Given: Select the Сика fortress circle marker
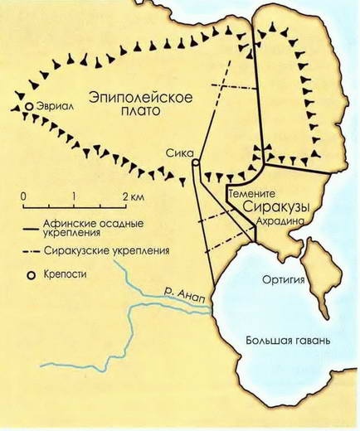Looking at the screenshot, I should click(194, 163).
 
